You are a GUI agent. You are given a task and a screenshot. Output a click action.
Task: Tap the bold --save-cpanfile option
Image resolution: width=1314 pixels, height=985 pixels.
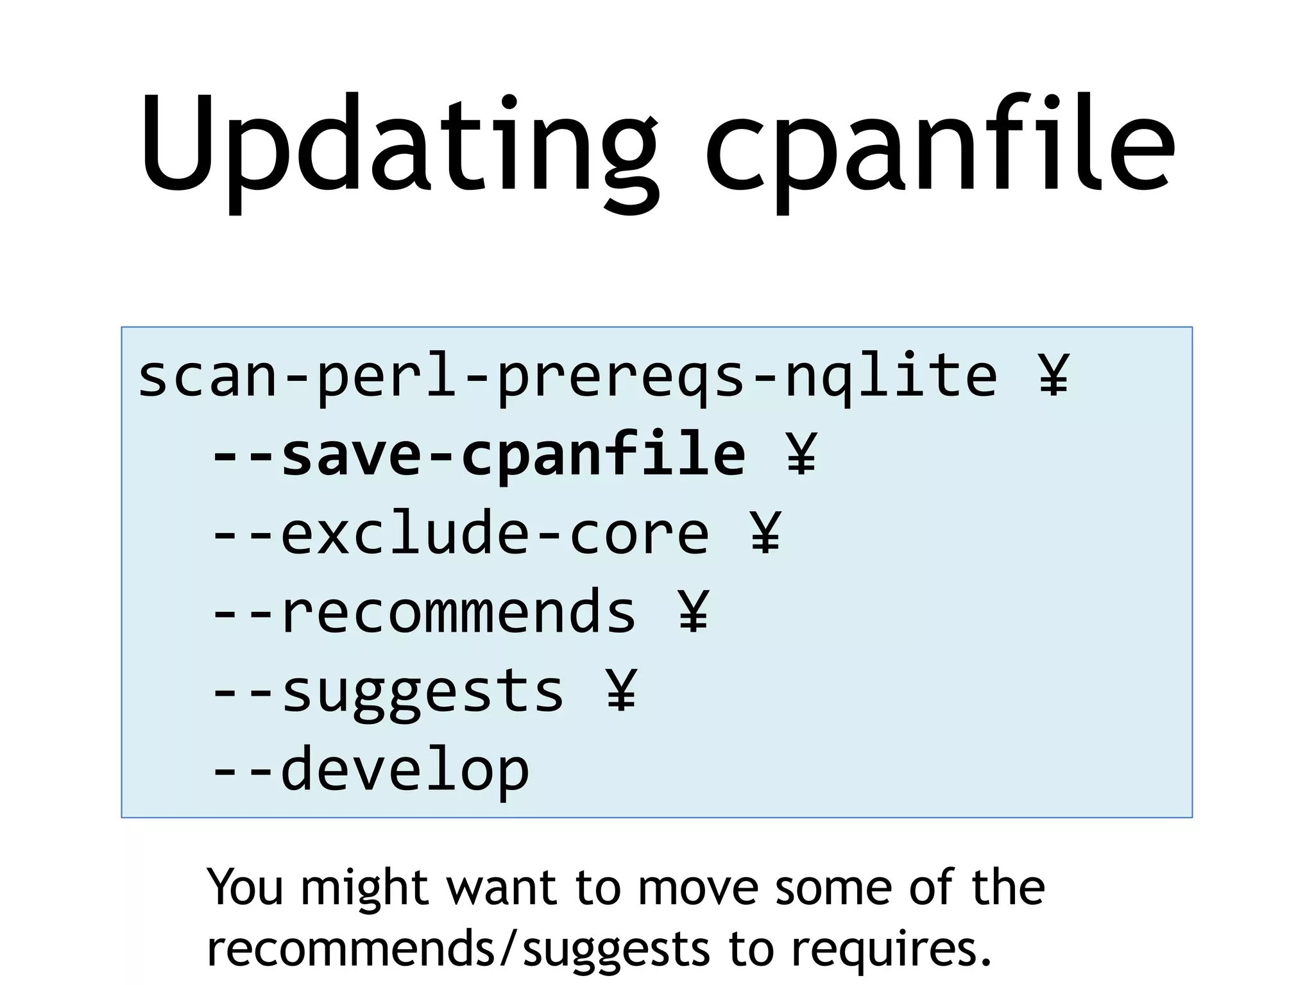pyautogui.click(x=479, y=455)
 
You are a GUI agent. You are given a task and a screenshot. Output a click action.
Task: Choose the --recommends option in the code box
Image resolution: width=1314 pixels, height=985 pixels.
pyautogui.click(x=424, y=613)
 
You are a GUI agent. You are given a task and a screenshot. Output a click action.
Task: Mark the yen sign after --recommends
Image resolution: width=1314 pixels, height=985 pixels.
pyautogui.click(x=694, y=612)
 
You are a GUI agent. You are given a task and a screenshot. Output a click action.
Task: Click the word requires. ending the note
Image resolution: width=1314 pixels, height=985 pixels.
pyautogui.click(x=891, y=949)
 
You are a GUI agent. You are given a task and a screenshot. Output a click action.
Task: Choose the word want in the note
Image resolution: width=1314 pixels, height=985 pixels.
pyautogui.click(x=501, y=888)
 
